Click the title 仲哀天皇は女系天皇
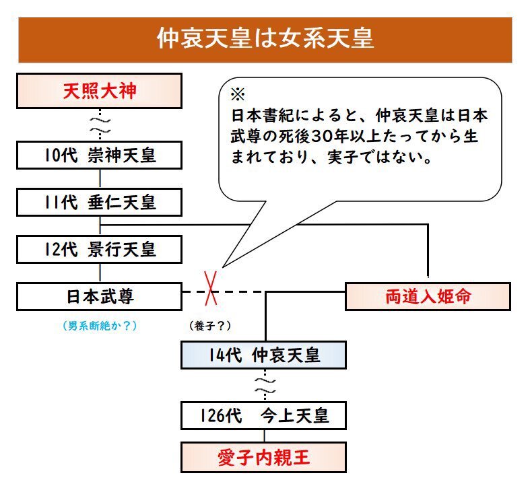[265, 38]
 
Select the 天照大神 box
[100, 91]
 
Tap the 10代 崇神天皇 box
[100, 155]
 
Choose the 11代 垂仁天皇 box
[100, 201]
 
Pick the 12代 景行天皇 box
[100, 249]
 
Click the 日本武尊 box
[100, 296]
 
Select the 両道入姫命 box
[428, 297]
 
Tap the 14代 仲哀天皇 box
[263, 355]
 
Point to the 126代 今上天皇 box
[263, 415]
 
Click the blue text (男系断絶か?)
[99, 326]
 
